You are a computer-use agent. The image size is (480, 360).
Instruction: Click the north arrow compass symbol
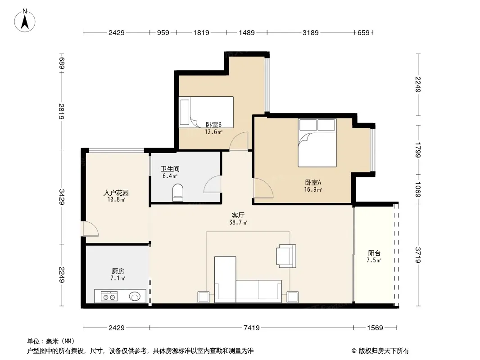(x=25, y=21)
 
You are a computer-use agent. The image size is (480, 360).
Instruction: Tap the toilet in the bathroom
(x=178, y=193)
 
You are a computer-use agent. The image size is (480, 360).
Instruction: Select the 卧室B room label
(x=213, y=125)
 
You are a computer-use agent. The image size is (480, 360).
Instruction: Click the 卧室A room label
(x=313, y=183)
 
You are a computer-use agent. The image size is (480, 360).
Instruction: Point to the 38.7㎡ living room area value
(x=238, y=223)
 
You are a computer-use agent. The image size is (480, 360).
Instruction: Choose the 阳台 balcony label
(x=374, y=253)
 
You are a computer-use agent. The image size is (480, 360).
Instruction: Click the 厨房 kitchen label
(x=118, y=271)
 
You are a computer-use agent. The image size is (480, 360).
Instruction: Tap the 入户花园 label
(x=116, y=193)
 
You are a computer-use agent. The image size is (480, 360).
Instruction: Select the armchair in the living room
(x=286, y=256)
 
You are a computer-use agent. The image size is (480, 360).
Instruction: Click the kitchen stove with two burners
(x=109, y=297)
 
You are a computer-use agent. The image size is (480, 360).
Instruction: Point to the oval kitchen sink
(x=135, y=297)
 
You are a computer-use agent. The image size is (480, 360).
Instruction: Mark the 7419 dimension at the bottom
(x=252, y=328)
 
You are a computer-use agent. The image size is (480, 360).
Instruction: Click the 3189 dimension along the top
(x=310, y=33)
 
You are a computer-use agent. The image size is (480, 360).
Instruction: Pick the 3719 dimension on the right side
(x=418, y=255)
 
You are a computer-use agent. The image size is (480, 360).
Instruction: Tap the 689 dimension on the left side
(x=62, y=63)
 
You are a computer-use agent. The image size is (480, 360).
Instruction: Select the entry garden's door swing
(x=91, y=229)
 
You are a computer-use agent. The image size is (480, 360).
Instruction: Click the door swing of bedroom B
(x=239, y=141)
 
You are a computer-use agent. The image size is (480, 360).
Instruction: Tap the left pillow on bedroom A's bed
(x=308, y=125)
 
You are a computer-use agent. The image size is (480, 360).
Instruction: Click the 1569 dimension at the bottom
(x=375, y=328)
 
